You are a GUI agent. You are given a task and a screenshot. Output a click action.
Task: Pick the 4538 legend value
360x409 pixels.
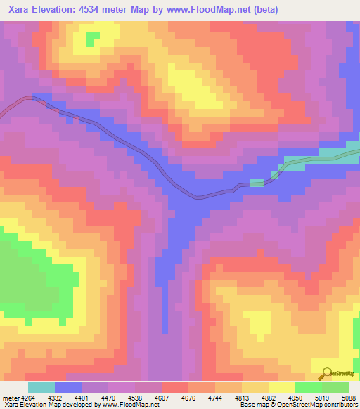tap(136, 398)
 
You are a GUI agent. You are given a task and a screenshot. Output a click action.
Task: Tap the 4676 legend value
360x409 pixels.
tap(188, 398)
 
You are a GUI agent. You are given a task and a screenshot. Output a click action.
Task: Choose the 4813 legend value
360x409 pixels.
tap(242, 398)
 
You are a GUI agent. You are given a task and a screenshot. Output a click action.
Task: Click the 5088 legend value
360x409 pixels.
tap(348, 398)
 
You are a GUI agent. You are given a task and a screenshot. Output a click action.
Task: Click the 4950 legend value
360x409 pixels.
tap(295, 398)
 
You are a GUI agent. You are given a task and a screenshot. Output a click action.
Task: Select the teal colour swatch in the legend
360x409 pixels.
tap(41, 387)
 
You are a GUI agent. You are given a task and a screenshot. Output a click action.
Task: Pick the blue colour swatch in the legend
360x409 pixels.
tap(68, 387)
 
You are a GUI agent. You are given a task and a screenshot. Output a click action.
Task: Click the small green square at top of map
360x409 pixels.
tap(92, 39)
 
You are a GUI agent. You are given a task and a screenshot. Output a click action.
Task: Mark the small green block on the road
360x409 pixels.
tap(257, 183)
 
